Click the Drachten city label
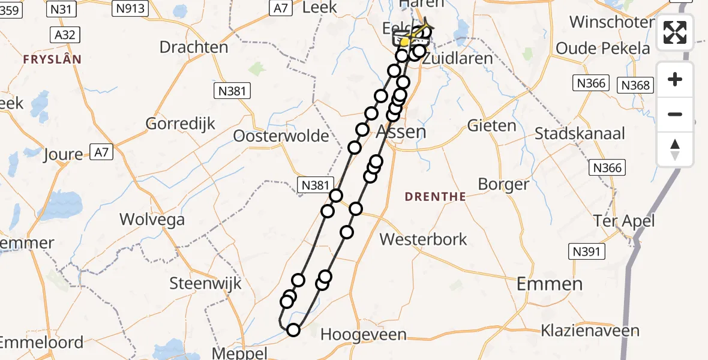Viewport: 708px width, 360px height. pos(194,47)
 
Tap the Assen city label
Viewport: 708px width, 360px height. pos(401,132)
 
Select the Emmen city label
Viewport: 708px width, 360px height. pos(549,284)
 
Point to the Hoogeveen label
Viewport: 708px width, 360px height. pos(364,335)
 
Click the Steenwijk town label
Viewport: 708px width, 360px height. pos(205,283)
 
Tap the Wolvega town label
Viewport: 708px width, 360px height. pos(152,220)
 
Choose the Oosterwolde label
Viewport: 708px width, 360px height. pos(282,136)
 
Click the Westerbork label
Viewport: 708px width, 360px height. pos(424,239)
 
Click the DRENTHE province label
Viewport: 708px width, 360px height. pos(435,197)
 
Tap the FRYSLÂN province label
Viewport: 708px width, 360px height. pos(52,59)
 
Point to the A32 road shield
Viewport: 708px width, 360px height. pos(64,35)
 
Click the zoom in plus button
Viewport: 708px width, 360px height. pos(675,80)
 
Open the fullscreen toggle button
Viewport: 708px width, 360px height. pos(675,32)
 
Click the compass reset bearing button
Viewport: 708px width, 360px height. pos(675,149)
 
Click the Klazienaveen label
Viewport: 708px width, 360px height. pos(590,330)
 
